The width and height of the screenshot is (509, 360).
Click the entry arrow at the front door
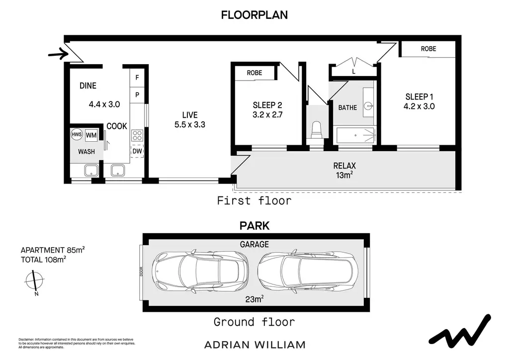coord(59,54)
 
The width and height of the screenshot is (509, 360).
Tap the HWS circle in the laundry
coord(77,134)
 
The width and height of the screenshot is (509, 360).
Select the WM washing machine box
coord(91,135)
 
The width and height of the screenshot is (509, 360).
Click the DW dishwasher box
coord(137,151)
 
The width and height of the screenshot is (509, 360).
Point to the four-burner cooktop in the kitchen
coord(137,135)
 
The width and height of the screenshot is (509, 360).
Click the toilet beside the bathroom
coord(316,129)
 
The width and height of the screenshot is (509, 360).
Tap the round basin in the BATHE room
coord(368,105)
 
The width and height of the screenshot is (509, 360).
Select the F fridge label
coord(137,78)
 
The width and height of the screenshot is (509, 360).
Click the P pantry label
coord(137,95)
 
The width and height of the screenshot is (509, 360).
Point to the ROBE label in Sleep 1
coord(428,49)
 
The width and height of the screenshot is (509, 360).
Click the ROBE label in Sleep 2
coord(254,73)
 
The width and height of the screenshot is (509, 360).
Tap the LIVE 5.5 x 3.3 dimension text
coord(190,125)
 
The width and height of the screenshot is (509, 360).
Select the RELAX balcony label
coord(344,166)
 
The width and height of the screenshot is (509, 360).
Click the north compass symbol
coord(34,281)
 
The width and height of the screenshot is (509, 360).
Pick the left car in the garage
coord(200,271)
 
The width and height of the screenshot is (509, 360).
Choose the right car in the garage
coord(308,271)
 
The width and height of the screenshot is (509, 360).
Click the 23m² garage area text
coord(254,299)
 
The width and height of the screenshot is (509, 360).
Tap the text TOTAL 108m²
coord(44,260)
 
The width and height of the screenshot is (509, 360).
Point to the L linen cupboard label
coord(353,72)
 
